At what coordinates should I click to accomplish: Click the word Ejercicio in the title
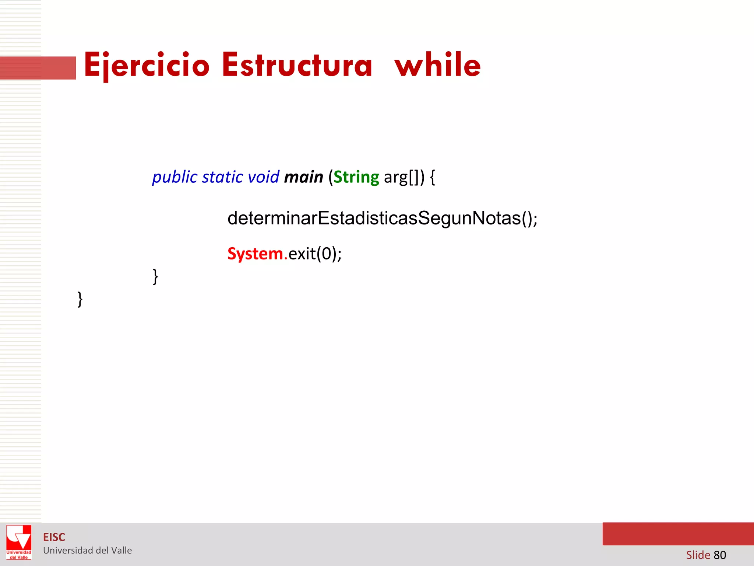click(147, 65)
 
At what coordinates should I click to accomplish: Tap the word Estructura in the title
click(297, 65)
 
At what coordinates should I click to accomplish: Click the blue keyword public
click(175, 178)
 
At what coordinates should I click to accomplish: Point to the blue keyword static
click(222, 177)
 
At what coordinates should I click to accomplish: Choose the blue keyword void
click(263, 177)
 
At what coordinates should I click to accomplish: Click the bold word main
click(303, 177)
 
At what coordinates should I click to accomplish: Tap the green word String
click(356, 178)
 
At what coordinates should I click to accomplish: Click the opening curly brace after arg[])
click(433, 178)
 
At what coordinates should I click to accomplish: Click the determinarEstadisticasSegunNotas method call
click(382, 218)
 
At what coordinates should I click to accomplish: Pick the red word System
click(255, 254)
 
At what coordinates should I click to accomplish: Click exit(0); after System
click(315, 254)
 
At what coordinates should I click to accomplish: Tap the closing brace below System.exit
click(155, 276)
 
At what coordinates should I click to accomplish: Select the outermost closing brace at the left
click(80, 299)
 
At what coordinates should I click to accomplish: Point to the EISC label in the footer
click(54, 537)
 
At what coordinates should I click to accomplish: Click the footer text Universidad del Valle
click(87, 551)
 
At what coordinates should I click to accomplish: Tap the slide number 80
click(720, 555)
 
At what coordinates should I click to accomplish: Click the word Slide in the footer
click(698, 555)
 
